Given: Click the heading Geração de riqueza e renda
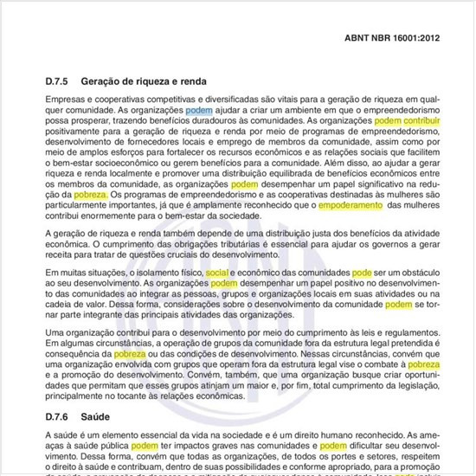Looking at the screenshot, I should (x=143, y=80).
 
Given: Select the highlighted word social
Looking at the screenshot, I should (x=217, y=272).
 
